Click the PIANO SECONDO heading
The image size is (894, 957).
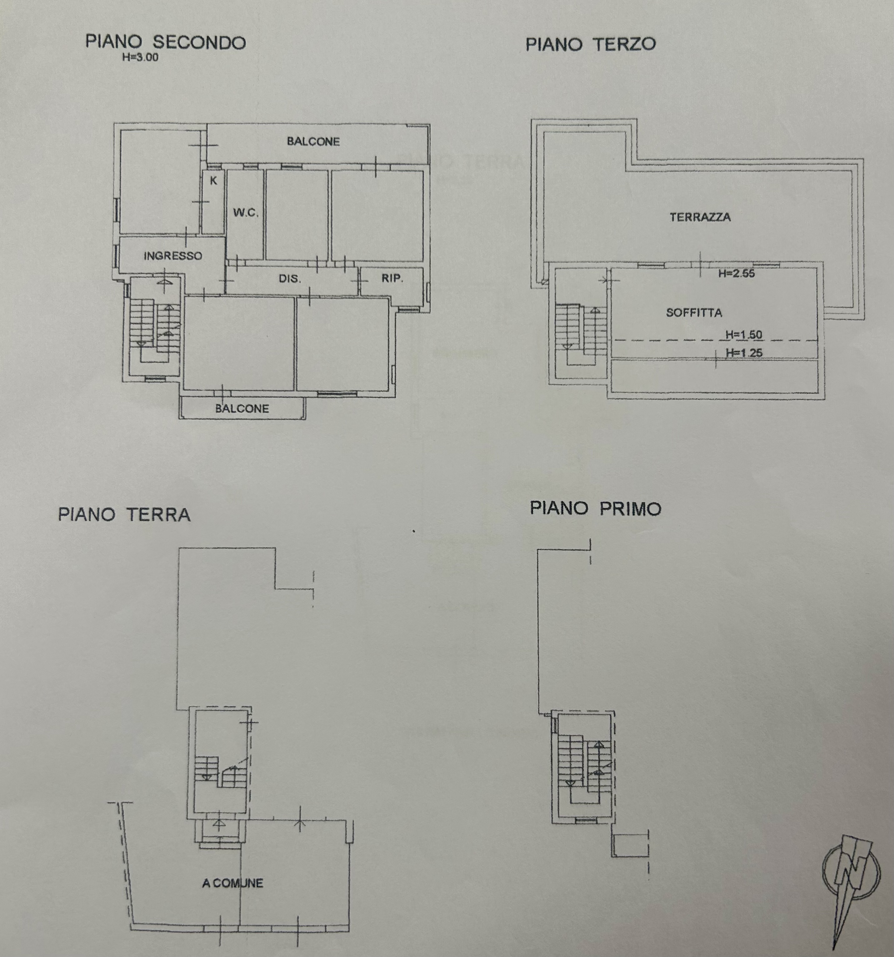(166, 42)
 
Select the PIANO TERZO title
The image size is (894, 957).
(591, 44)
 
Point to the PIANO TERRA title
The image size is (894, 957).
(124, 515)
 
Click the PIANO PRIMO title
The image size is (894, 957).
(596, 508)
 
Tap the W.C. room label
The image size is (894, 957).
(246, 212)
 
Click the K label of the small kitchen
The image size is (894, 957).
(213, 180)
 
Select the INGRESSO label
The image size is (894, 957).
(173, 256)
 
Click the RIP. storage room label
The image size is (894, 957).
(392, 278)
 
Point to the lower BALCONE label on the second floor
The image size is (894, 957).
(242, 409)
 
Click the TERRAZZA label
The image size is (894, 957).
(700, 217)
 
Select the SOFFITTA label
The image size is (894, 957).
(694, 313)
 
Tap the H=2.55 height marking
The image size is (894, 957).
(737, 274)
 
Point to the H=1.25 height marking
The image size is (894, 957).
(744, 353)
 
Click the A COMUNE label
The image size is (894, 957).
(233, 883)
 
